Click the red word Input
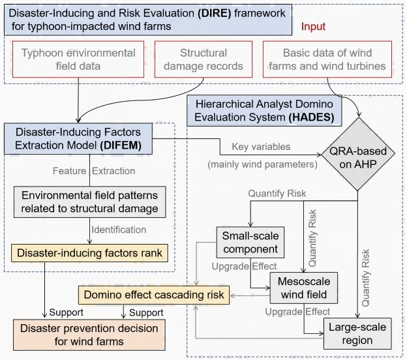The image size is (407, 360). (x=313, y=27)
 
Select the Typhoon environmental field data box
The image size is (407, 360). (x=78, y=59)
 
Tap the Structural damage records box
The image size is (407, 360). (x=203, y=59)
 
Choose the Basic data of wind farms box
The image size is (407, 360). (x=333, y=59)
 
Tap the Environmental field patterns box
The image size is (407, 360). (x=90, y=202)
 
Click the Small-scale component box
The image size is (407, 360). (x=250, y=242)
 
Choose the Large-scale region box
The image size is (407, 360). (x=357, y=334)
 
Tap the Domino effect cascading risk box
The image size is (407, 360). (x=153, y=295)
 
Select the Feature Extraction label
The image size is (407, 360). (x=93, y=171)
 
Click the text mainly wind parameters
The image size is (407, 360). (x=263, y=164)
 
